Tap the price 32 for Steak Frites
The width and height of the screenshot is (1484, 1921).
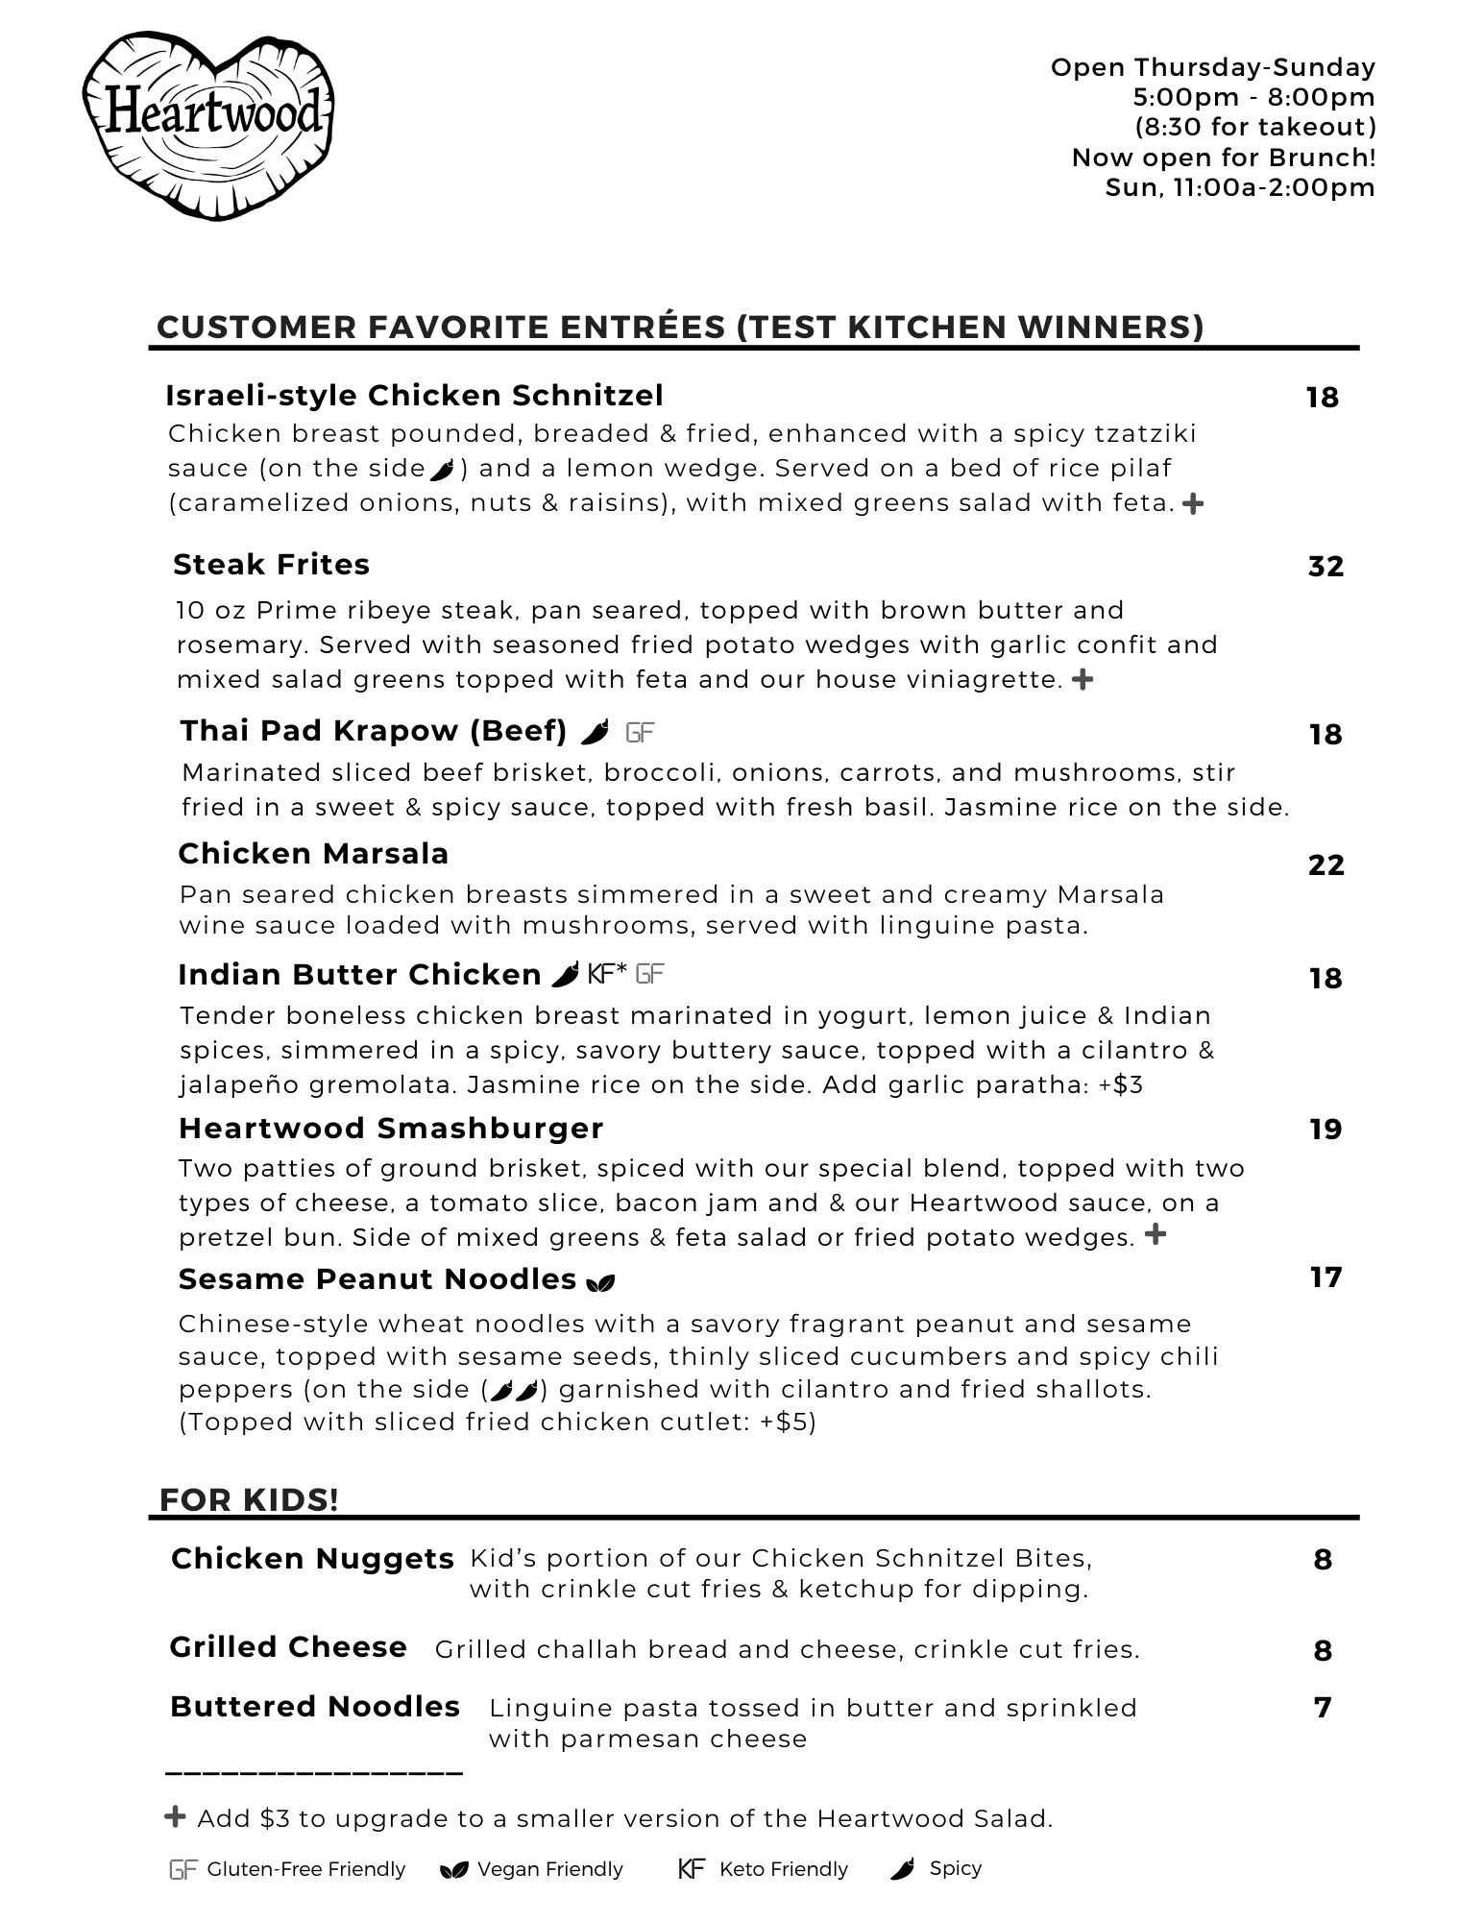click(x=1326, y=567)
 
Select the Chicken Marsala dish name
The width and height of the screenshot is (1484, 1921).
click(x=313, y=854)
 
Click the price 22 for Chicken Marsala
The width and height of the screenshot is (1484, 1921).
click(x=1326, y=865)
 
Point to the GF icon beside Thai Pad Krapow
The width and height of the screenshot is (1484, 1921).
click(x=640, y=733)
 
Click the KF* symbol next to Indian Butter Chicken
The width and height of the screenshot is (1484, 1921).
click(x=607, y=974)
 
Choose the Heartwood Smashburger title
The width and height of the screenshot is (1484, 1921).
click(x=391, y=1128)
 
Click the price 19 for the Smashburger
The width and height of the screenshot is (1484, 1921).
click(x=1326, y=1130)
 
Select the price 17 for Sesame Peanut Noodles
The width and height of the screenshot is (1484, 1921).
click(x=1326, y=1277)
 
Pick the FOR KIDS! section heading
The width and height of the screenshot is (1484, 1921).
click(x=249, y=1500)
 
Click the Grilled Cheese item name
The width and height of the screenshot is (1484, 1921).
click(x=288, y=1647)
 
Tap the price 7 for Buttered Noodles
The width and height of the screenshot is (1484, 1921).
click(x=1323, y=1708)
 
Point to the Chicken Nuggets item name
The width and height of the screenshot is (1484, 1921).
click(x=312, y=1559)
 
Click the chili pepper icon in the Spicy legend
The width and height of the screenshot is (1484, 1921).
click(x=902, y=1869)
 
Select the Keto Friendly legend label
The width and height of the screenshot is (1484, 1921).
click(x=783, y=1869)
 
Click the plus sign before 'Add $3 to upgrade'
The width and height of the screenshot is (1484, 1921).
click(x=175, y=1817)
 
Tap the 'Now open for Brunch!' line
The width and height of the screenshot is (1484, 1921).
click(x=1224, y=158)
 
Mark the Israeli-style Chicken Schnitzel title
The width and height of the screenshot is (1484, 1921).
click(x=414, y=396)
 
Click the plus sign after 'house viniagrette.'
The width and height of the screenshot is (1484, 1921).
click(x=1082, y=680)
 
